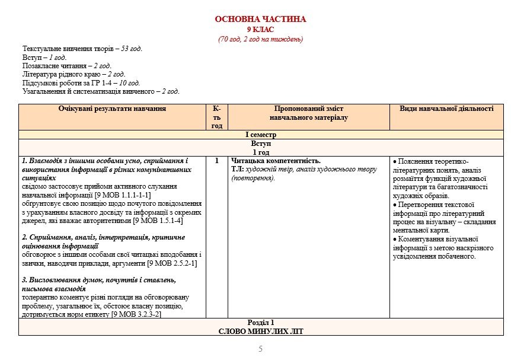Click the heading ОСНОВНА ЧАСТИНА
tap(261, 20)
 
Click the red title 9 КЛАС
tap(261, 30)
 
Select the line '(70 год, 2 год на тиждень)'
tap(261, 39)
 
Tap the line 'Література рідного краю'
tap(74, 74)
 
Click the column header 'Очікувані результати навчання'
tap(112, 109)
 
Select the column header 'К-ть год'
tap(217, 117)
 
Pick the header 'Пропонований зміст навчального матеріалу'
tap(309, 113)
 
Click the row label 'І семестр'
tap(261, 135)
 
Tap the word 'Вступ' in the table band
tap(261, 144)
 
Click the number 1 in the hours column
tap(217, 161)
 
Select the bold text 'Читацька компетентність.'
tap(276, 161)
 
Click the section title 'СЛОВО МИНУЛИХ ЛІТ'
tap(261, 331)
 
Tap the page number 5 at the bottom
tap(260, 349)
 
